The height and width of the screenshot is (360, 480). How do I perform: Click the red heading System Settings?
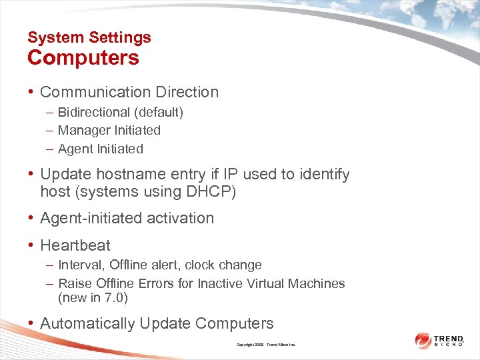click(x=89, y=37)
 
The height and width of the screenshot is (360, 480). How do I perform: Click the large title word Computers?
click(x=83, y=58)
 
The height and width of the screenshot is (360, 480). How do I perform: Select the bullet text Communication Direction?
click(x=129, y=92)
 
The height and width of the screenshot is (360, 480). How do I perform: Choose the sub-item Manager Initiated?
click(x=109, y=130)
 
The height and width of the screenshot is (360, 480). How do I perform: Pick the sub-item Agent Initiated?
click(x=101, y=149)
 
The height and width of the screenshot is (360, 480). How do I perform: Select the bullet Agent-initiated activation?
click(x=127, y=218)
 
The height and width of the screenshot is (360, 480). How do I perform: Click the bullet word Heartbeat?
click(x=75, y=245)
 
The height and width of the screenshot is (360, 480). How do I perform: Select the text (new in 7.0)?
click(x=93, y=297)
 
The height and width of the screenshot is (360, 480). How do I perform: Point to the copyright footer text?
click(x=265, y=345)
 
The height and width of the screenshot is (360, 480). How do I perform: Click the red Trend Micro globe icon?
click(x=423, y=341)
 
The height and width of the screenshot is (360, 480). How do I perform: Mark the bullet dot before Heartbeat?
click(x=31, y=245)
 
